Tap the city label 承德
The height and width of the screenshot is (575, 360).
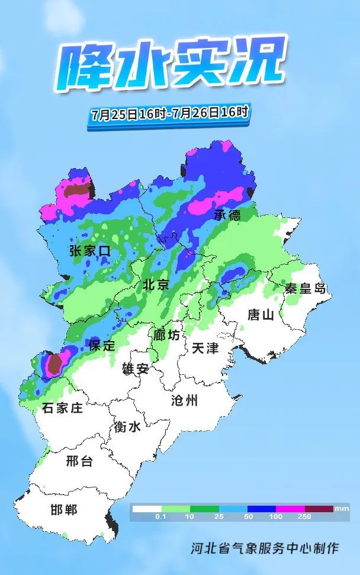227,214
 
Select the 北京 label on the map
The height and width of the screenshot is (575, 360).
156,285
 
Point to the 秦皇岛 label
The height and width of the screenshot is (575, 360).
306,289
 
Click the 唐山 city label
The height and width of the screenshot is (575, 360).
261,314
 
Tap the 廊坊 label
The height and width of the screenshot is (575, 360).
166,335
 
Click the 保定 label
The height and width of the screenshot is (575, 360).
102,346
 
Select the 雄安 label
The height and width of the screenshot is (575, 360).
136,369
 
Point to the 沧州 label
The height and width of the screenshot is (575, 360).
184,400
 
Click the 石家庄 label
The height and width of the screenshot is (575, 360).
62,408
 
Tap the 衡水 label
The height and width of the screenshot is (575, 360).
127,426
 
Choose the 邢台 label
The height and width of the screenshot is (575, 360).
79,461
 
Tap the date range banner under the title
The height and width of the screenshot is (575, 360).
170,113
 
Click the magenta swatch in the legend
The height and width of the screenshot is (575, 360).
290,509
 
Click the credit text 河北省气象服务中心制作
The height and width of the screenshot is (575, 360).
265,548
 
